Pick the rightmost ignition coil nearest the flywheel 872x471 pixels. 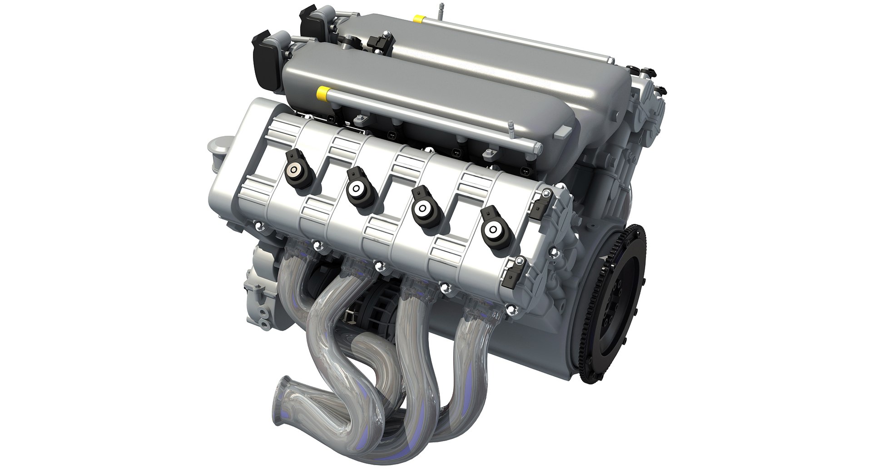click(x=492, y=230)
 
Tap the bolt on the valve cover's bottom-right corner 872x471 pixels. click(x=512, y=310)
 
